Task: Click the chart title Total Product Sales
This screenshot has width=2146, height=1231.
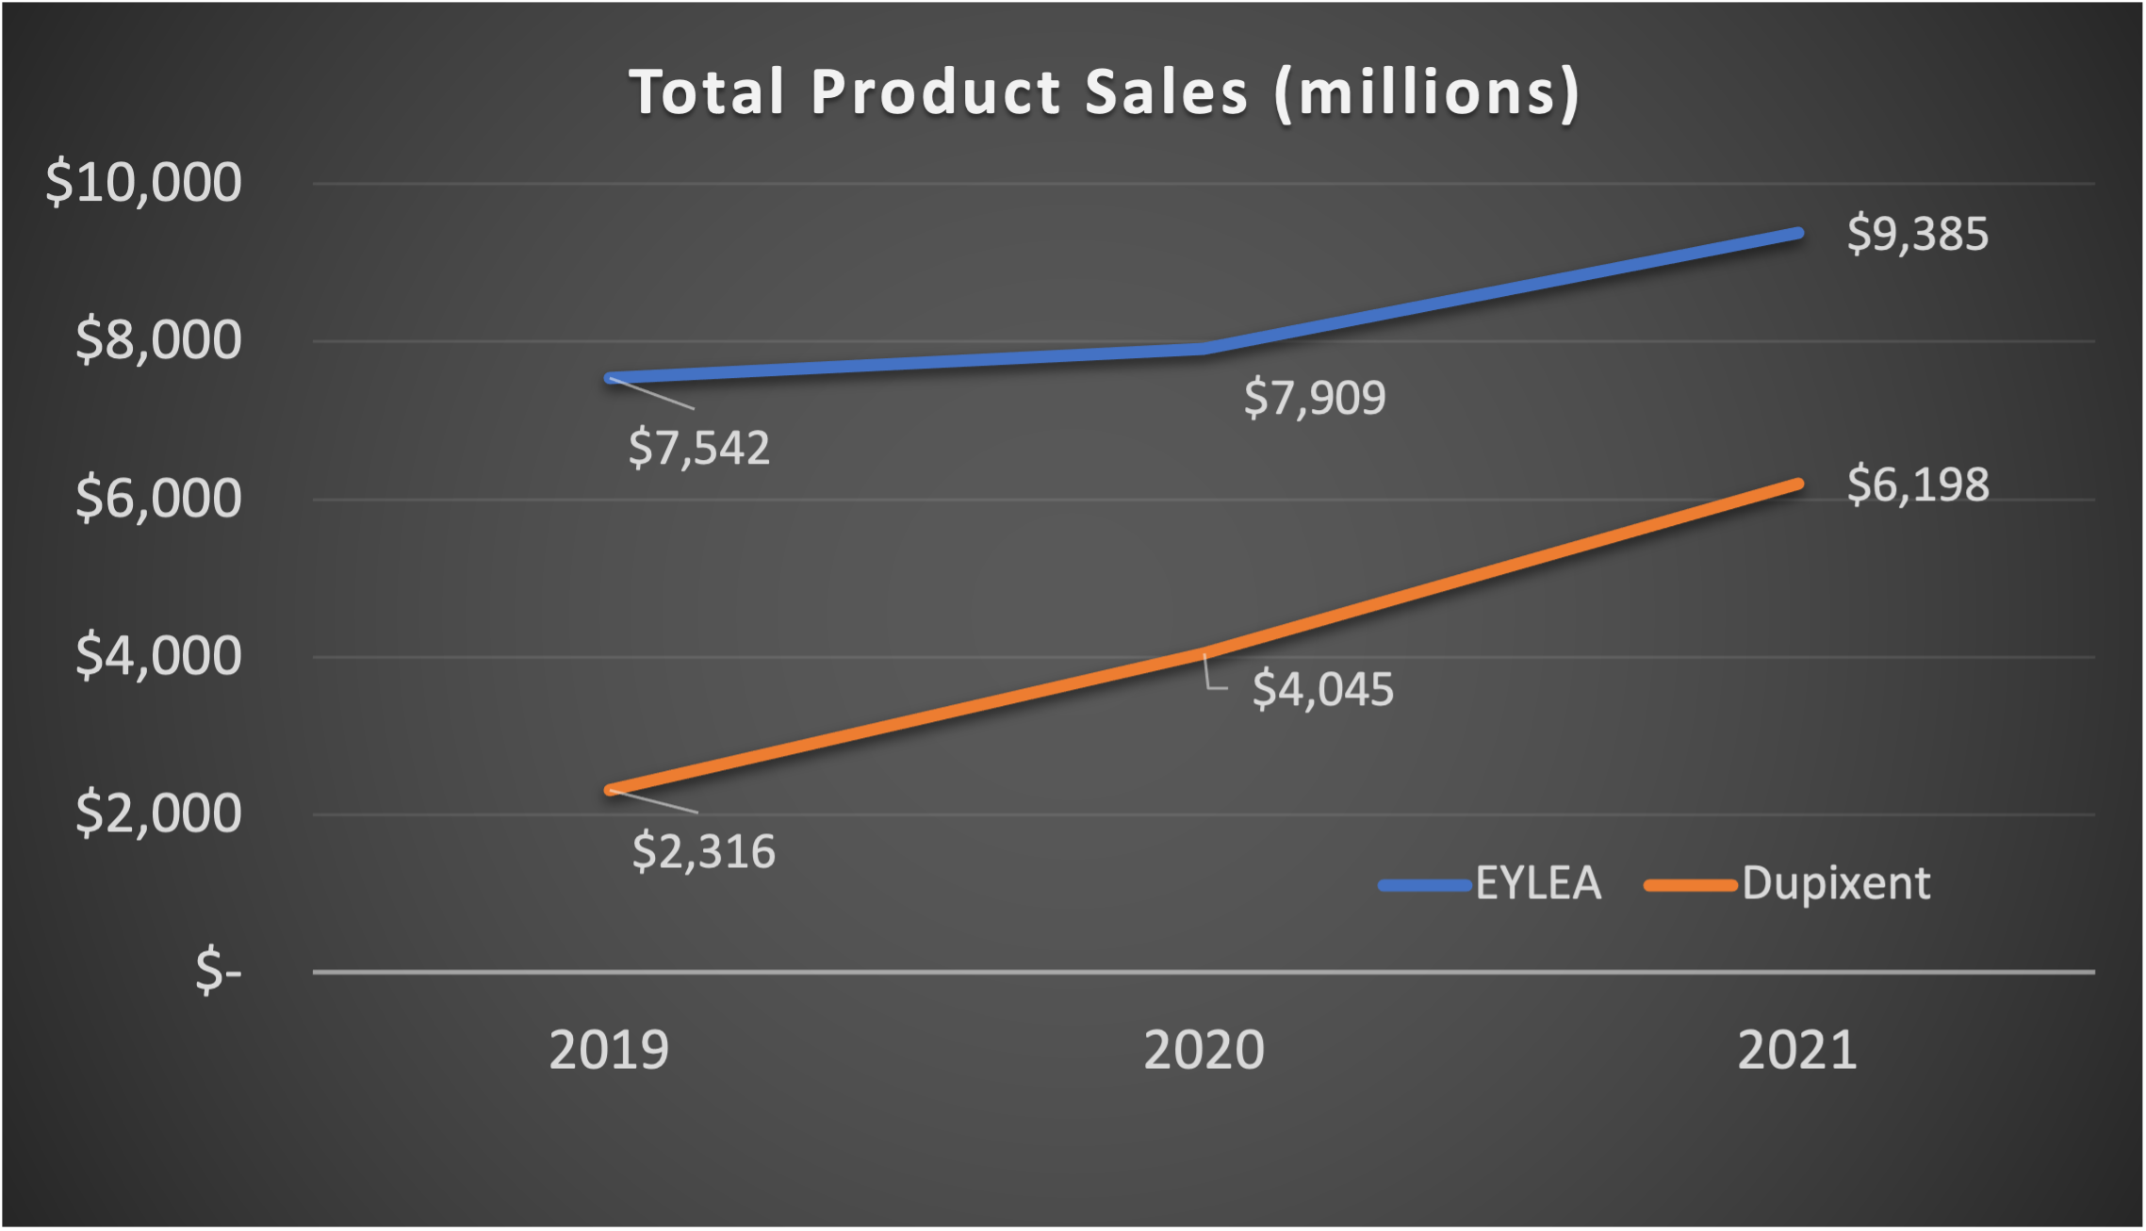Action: pyautogui.click(x=1104, y=92)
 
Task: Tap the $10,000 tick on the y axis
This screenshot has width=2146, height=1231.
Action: pyautogui.click(x=143, y=182)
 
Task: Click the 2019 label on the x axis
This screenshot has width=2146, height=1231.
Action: pyautogui.click(x=609, y=1050)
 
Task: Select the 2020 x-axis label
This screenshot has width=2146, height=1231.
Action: pyautogui.click(x=1204, y=1050)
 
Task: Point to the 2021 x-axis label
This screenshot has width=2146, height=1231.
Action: pyautogui.click(x=1797, y=1050)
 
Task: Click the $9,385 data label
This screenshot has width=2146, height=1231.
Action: pyautogui.click(x=1917, y=234)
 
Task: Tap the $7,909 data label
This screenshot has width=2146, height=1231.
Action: pyautogui.click(x=1315, y=398)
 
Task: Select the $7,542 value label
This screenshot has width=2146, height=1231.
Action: pyautogui.click(x=699, y=448)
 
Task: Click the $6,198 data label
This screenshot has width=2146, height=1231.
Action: pyautogui.click(x=1917, y=485)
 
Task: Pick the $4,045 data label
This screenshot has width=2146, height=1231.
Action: pyautogui.click(x=1322, y=690)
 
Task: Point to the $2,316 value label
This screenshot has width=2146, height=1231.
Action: pyautogui.click(x=703, y=852)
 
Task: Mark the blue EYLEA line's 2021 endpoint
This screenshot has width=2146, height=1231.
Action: pyautogui.click(x=1797, y=233)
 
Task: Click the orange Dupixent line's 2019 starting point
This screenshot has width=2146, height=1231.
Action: pyautogui.click(x=611, y=790)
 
